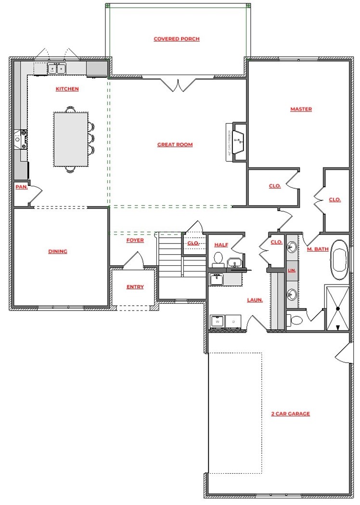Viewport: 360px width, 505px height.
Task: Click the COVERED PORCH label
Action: point(176,39)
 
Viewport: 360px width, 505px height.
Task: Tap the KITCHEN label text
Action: point(67,89)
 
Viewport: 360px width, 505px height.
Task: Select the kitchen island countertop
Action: point(71,139)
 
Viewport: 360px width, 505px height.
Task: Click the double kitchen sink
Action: point(57,69)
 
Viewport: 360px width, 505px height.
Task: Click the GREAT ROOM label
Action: point(175,144)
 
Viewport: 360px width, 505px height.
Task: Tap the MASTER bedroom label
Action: point(301,109)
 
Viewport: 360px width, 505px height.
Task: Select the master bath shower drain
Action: point(338,308)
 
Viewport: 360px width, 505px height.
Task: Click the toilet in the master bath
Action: point(295,319)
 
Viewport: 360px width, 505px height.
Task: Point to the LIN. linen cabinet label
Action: point(292,271)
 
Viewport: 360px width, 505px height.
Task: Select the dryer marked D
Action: point(233,321)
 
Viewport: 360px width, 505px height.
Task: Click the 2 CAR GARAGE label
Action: point(290,414)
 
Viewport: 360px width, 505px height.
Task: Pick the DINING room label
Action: point(58,251)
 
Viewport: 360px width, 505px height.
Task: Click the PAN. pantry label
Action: point(21,187)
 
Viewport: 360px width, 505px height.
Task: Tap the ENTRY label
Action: point(135,287)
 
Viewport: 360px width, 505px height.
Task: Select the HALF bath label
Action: point(221,245)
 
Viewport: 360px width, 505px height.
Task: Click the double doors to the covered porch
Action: point(179,84)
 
